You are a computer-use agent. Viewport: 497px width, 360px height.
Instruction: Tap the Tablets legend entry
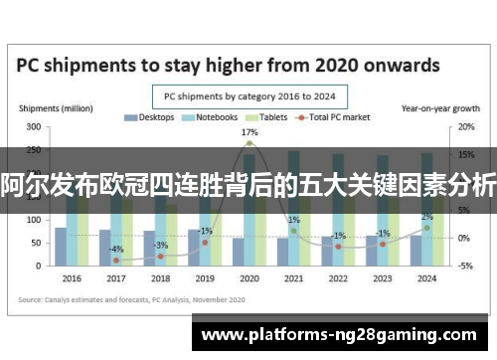267,117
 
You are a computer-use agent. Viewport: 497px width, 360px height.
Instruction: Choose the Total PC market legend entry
337,117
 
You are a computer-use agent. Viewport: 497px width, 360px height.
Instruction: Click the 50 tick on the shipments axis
36,243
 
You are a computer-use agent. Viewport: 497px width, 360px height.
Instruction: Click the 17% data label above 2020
249,132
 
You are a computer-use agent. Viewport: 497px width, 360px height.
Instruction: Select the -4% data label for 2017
116,249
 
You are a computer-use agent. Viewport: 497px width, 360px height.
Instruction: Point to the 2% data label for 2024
426,217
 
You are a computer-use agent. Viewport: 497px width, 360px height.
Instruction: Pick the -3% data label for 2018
161,245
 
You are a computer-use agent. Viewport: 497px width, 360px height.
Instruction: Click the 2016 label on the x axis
73,278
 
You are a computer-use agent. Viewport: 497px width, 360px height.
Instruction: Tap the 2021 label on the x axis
294,278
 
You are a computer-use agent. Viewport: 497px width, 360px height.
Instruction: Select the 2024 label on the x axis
426,278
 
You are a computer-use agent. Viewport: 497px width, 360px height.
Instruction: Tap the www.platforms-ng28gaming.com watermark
338,336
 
